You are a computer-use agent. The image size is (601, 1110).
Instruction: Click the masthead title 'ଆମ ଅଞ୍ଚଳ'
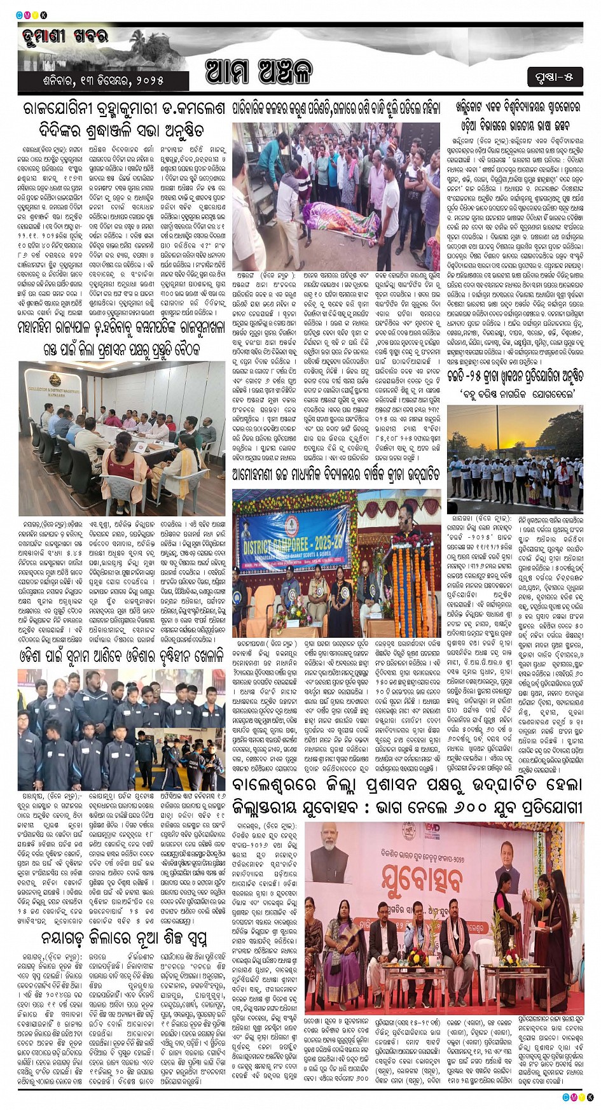coord(259,71)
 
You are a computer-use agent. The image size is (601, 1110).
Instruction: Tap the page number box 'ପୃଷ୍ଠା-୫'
coord(555,78)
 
